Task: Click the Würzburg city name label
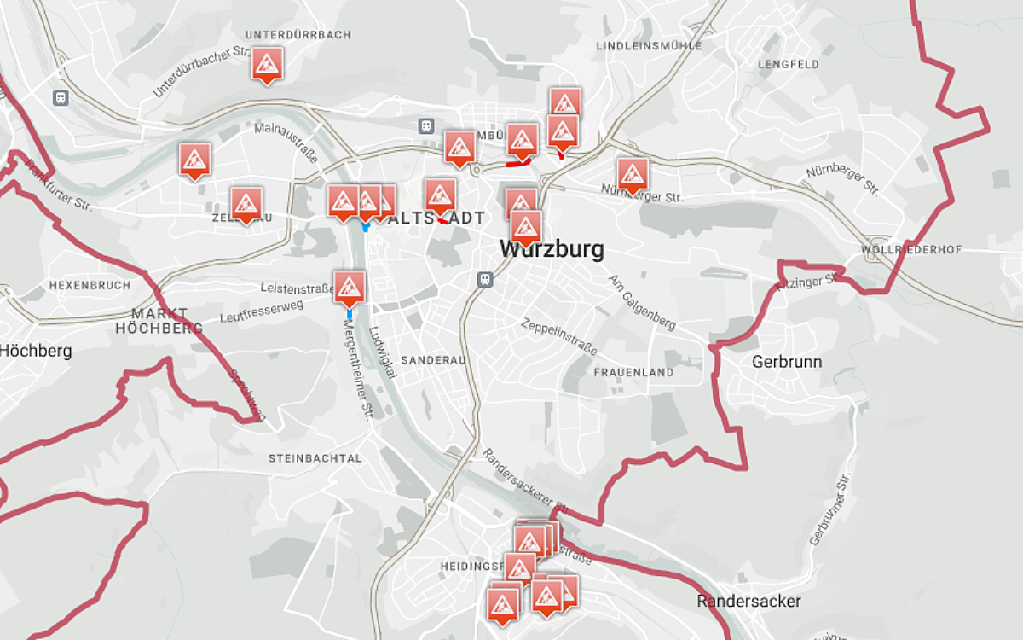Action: click(x=552, y=250)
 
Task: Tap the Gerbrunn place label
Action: click(x=787, y=362)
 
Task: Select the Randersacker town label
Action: click(x=748, y=601)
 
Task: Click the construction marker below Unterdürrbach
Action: click(x=267, y=65)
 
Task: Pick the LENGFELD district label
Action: click(x=789, y=64)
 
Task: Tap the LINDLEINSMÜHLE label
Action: click(x=650, y=45)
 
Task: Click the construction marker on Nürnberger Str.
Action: click(x=632, y=176)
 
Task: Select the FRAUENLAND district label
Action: click(x=633, y=373)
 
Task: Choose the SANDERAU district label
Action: click(x=433, y=360)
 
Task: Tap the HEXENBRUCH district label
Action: click(x=90, y=285)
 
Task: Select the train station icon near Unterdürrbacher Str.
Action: click(x=61, y=97)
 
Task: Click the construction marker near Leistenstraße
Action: click(x=350, y=288)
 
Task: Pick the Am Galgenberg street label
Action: click(x=642, y=303)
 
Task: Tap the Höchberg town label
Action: click(x=36, y=351)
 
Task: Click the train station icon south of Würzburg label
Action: click(x=485, y=279)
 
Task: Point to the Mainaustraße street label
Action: click(x=286, y=142)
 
